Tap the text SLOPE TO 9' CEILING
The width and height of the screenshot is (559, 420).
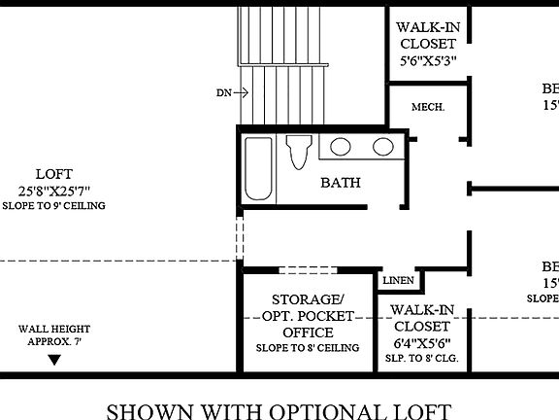(53, 206)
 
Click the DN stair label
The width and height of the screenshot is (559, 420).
(224, 93)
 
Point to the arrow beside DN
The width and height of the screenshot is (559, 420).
(242, 93)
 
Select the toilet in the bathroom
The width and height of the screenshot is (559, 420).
(299, 153)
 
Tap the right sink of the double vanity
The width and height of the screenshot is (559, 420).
(381, 148)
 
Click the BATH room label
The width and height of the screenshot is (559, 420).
(342, 182)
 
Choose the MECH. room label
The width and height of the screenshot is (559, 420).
(428, 107)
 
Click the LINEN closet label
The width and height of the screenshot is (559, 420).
(399, 281)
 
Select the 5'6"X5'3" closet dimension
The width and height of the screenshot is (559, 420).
(428, 59)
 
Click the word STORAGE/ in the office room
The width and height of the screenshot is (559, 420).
(308, 299)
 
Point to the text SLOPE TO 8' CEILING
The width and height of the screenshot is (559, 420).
(308, 348)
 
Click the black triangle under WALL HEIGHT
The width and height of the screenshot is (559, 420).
(54, 359)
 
